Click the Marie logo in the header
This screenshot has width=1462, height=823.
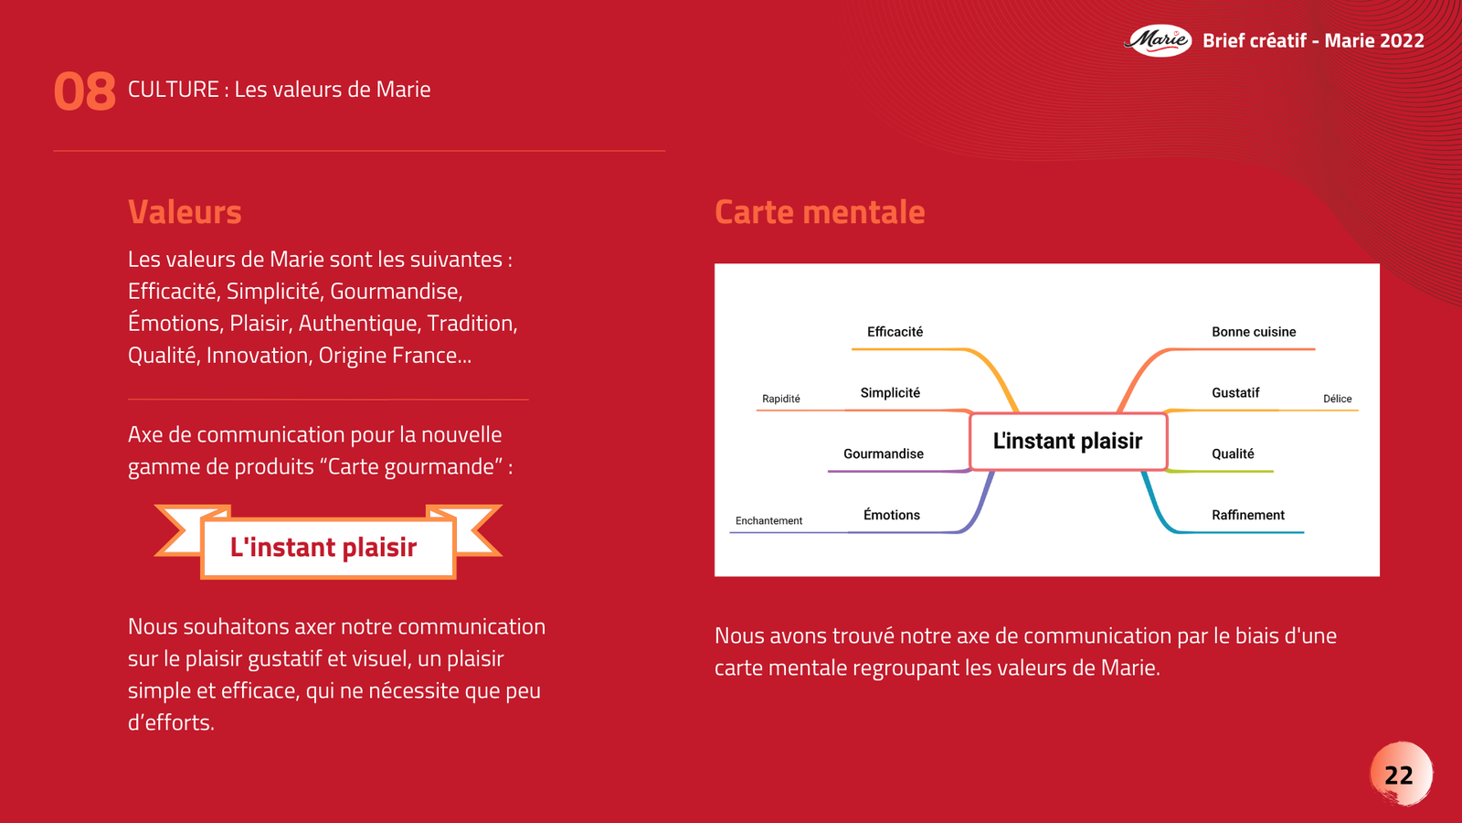(1158, 40)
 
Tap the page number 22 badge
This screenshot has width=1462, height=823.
(1400, 775)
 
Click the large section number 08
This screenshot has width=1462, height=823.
(85, 92)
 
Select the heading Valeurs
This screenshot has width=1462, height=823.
(185, 212)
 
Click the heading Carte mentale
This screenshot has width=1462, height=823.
(820, 212)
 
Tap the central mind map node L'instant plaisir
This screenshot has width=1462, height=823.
(1067, 441)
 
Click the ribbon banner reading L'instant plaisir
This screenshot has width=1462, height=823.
(324, 547)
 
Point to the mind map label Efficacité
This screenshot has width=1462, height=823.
(895, 332)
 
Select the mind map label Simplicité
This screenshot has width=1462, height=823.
(890, 393)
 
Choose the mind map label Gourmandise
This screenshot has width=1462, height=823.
(883, 454)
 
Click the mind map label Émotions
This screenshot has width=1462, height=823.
(891, 515)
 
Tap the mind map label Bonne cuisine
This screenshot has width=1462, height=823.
(1254, 332)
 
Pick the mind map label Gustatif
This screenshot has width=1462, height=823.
(1235, 393)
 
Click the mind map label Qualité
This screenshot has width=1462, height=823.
(1233, 454)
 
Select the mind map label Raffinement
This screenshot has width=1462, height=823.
(1248, 515)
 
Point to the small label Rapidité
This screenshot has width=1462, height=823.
(781, 399)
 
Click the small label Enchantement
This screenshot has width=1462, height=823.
(768, 521)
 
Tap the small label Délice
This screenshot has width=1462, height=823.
(1337, 399)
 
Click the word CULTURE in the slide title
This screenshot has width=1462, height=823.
(173, 90)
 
